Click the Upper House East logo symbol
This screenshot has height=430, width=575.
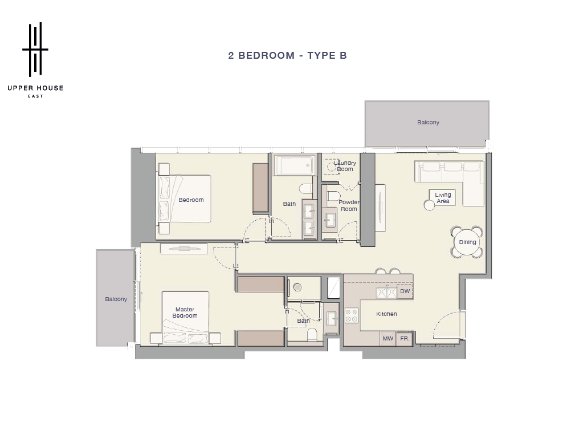tap(35, 49)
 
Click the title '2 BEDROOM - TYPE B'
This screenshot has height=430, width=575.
tap(287, 55)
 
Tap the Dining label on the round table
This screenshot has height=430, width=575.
tap(467, 242)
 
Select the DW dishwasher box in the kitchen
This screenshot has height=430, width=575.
tap(405, 291)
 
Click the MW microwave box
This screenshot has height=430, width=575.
tap(388, 339)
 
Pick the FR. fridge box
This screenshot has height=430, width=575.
tap(405, 339)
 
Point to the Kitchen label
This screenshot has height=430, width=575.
tap(386, 314)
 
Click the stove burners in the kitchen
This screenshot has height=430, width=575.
tap(352, 316)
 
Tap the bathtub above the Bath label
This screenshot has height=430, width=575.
tap(295, 165)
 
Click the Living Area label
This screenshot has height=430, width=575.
tap(443, 198)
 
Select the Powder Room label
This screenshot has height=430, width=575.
tap(349, 205)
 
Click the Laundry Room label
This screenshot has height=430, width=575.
tap(345, 166)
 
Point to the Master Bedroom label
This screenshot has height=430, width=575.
tap(185, 313)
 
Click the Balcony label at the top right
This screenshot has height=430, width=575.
tap(428, 123)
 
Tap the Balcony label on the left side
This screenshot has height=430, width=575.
tap(116, 299)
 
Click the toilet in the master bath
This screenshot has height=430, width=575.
tap(312, 334)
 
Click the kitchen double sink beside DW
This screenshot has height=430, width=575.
tap(386, 293)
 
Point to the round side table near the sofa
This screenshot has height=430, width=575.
tap(429, 205)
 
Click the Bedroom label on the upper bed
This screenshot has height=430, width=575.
tap(191, 200)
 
